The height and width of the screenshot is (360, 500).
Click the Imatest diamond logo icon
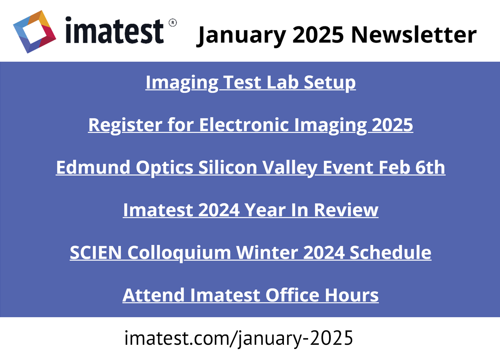point(35,32)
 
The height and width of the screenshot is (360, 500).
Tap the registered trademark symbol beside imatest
point(173,23)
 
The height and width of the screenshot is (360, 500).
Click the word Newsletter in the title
point(414,35)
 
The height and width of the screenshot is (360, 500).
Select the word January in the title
point(241,36)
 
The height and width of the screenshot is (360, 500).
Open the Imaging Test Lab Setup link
point(251,83)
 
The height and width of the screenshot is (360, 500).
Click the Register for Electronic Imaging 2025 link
point(251,125)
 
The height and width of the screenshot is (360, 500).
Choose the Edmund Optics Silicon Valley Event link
point(251,168)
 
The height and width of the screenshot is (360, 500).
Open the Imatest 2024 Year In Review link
point(251,210)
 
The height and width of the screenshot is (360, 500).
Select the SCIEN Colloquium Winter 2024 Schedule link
point(251,253)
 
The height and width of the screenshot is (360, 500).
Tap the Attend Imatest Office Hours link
point(251,295)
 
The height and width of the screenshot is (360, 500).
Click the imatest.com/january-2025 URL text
point(239,338)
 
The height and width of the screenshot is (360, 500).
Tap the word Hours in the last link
point(352,295)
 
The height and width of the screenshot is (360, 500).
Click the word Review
point(346,210)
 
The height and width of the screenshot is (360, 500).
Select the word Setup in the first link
point(330,83)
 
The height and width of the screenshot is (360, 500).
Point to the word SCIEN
point(96,253)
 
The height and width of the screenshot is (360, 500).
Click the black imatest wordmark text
point(115,30)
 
